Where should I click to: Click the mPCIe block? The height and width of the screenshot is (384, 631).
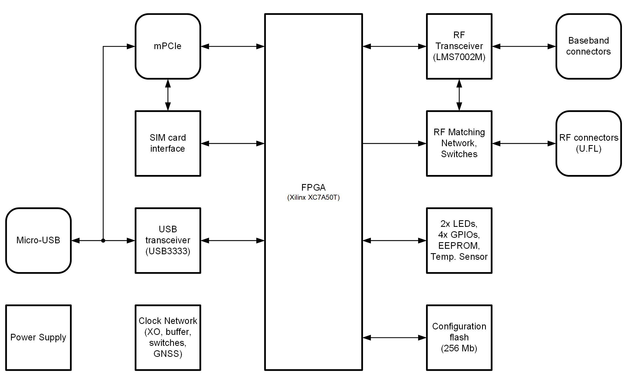[168, 46]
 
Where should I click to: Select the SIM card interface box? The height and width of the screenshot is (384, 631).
[168, 143]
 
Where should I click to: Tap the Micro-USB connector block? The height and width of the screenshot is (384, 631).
[38, 240]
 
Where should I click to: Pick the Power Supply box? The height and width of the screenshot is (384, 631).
[38, 337]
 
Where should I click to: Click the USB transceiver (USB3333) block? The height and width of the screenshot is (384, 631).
[168, 240]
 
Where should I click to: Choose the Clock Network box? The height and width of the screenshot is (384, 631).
[168, 337]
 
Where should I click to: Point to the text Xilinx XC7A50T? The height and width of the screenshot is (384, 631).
[313, 197]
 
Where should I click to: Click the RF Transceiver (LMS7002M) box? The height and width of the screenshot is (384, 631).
[459, 46]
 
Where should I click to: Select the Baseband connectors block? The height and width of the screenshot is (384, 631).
[588, 46]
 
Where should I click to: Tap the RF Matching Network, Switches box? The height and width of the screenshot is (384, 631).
[459, 143]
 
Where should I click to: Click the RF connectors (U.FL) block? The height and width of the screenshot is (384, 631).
[588, 143]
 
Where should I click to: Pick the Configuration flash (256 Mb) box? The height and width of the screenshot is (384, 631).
[459, 337]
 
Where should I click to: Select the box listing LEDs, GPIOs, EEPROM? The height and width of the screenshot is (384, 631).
[459, 240]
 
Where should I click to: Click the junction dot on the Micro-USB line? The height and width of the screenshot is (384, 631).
[103, 241]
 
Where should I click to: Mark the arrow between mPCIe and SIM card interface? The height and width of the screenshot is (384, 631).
[168, 95]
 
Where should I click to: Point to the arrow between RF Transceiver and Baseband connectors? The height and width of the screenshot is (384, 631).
[524, 46]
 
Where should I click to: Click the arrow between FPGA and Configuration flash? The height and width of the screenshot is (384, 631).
[394, 338]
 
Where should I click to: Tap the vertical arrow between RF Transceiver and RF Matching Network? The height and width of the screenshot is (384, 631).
[459, 95]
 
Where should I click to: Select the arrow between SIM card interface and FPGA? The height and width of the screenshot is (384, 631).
[233, 143]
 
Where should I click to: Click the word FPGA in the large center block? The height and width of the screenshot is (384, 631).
[313, 188]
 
